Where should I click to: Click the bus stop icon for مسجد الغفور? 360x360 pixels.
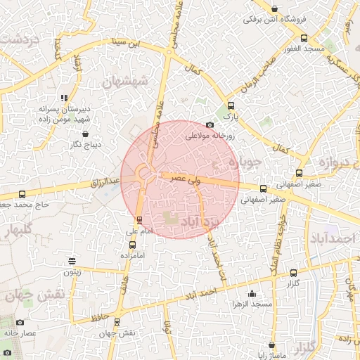point(303,38)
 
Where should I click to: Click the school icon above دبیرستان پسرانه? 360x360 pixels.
point(64,98)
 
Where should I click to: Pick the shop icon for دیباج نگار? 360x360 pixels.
point(85,134)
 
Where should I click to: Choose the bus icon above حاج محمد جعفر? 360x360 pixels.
point(22,194)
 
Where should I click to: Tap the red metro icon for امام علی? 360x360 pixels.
point(139,219)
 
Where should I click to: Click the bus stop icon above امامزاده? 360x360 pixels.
point(133,245)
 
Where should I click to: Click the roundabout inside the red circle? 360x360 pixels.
point(146,173)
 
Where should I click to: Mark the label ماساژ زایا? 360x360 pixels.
point(270,357)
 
